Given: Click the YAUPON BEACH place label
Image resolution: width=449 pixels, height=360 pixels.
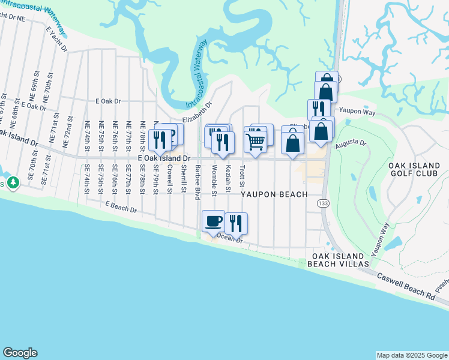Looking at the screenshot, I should coord(274,194).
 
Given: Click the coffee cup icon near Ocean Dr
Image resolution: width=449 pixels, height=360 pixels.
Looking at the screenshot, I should coord(214,221).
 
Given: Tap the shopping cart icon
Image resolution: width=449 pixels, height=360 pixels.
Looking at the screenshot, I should coord(255,142).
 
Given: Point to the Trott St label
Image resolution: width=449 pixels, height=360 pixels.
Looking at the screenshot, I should coord(243,176).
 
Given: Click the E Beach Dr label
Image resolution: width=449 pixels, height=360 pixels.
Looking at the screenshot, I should coord(121,208).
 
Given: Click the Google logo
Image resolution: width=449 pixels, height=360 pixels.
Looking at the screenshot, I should coord(20,353).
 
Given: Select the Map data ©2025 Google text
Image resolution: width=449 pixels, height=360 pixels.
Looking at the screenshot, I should coord(411,355).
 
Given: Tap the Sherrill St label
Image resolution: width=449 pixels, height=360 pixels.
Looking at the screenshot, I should coord(184,179).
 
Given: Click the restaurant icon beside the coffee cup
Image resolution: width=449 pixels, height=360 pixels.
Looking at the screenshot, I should coord(237,223).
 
